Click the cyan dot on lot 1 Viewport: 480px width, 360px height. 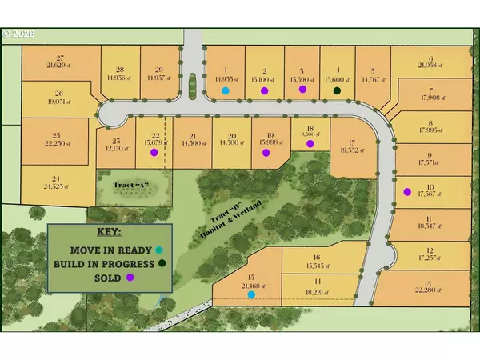click(x=226, y=91)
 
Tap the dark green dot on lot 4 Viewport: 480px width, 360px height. click(x=337, y=91)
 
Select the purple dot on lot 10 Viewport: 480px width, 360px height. click(x=407, y=191)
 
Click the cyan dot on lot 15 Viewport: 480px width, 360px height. click(x=251, y=294)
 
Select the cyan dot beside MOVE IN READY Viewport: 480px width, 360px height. click(x=159, y=250)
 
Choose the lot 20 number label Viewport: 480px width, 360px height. click(x=232, y=135)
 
